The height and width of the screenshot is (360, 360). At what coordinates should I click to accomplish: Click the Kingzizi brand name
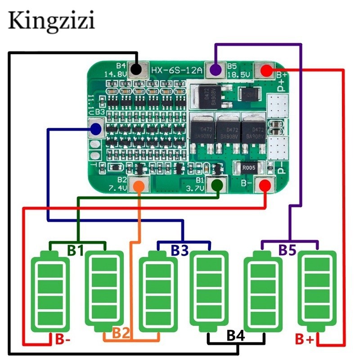(x=51, y=21)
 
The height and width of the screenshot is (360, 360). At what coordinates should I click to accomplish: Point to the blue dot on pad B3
(x=95, y=130)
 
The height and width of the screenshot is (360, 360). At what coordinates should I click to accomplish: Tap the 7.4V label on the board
(x=116, y=187)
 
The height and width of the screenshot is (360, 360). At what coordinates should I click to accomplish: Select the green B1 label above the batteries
(x=76, y=251)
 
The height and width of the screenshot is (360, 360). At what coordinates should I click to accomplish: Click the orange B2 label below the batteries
(x=121, y=333)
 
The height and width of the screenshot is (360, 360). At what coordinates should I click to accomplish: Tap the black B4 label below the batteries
(x=236, y=335)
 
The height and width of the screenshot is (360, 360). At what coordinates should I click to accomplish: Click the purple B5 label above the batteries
(x=287, y=250)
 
